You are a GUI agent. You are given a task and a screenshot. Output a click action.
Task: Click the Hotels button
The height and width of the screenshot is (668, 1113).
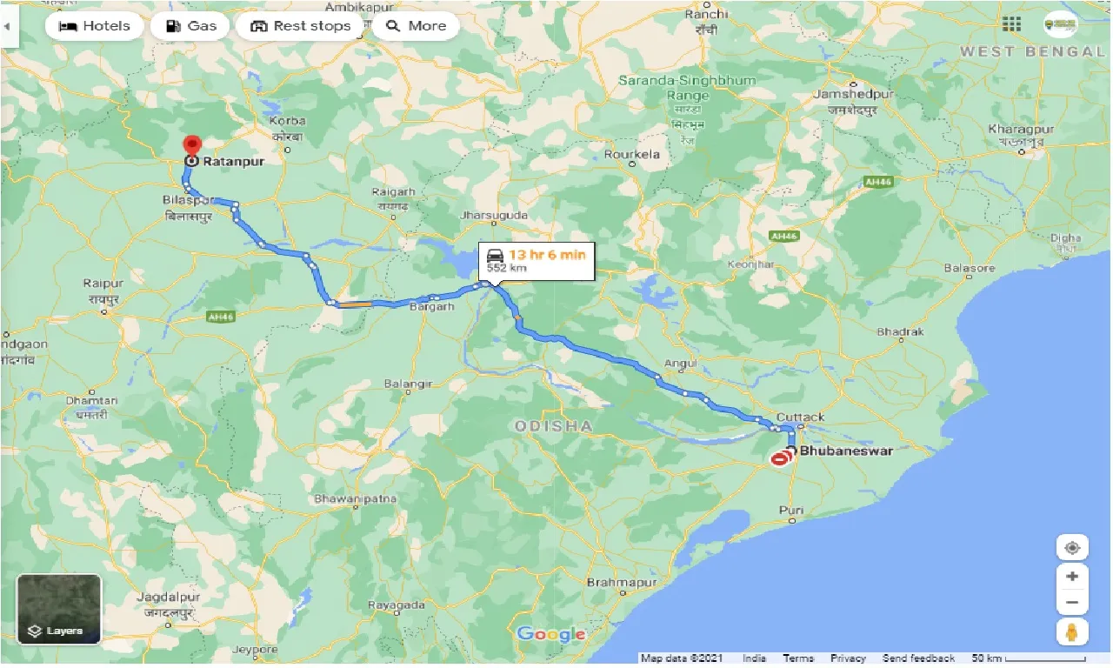pos(94,26)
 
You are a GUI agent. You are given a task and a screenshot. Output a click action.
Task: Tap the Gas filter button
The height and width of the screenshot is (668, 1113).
pos(190,26)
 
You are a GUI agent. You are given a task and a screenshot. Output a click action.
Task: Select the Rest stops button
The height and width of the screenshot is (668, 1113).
pos(300,26)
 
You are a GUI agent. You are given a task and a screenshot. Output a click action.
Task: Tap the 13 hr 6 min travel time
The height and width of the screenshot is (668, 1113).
pos(547,254)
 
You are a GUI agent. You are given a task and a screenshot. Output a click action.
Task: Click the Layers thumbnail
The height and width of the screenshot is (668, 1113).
pos(59,609)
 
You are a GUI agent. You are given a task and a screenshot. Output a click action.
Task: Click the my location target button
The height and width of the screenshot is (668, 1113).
pos(1072,548)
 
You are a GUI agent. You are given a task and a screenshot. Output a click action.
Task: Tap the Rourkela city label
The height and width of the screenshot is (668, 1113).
pos(632,155)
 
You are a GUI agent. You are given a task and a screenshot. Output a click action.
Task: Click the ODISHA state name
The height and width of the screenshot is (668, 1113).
pos(553,425)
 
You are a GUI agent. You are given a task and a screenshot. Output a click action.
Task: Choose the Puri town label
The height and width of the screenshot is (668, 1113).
pos(791,510)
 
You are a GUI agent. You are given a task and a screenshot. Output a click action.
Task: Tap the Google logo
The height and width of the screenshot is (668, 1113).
pos(550,634)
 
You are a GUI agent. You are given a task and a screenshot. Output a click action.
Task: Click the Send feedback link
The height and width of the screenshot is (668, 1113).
pos(918,658)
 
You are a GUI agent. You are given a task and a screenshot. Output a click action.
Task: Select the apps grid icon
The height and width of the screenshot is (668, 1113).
pos(1011,24)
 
